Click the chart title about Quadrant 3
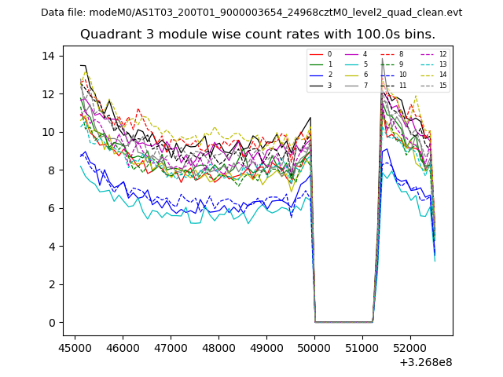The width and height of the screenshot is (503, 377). [x=257, y=35]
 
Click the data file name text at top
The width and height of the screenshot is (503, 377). [x=251, y=13]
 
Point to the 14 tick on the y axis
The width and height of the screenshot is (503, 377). [x=48, y=56]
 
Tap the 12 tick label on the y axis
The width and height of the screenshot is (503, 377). [x=48, y=94]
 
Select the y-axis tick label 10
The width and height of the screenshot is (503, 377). [x=48, y=132]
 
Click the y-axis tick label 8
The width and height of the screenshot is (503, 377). [x=51, y=170]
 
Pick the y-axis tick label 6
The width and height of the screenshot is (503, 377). [x=51, y=208]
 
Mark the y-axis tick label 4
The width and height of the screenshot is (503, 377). [x=51, y=247]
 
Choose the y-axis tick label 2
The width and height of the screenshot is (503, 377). [x=51, y=284]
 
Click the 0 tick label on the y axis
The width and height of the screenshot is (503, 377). [x=51, y=323]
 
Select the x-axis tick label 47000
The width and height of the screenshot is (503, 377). [x=171, y=346]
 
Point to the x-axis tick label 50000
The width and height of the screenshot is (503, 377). [x=314, y=346]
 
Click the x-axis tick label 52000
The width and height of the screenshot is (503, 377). [x=410, y=346]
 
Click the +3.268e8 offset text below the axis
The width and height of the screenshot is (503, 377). [x=426, y=362]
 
